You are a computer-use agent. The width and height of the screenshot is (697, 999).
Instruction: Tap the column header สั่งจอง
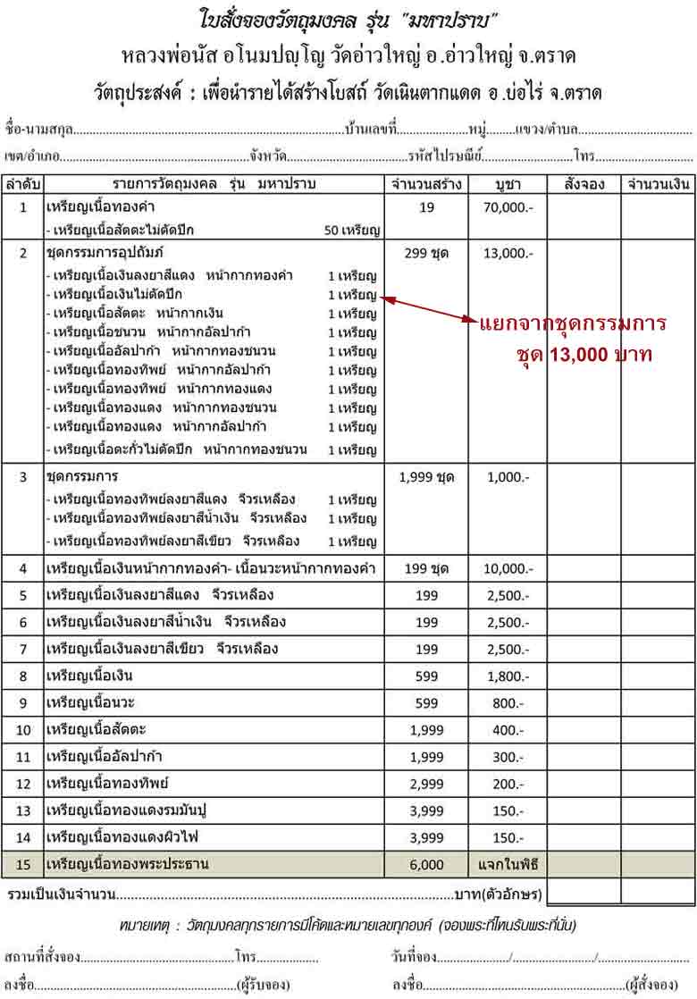584,185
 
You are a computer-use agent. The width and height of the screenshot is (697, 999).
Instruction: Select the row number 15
24,864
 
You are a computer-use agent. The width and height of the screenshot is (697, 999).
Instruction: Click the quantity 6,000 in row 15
426,864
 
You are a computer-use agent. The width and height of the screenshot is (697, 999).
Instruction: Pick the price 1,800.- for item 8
511,676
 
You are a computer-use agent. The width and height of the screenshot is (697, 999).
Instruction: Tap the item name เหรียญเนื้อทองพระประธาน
132,864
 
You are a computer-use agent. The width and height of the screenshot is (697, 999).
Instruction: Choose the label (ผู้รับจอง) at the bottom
263,985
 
